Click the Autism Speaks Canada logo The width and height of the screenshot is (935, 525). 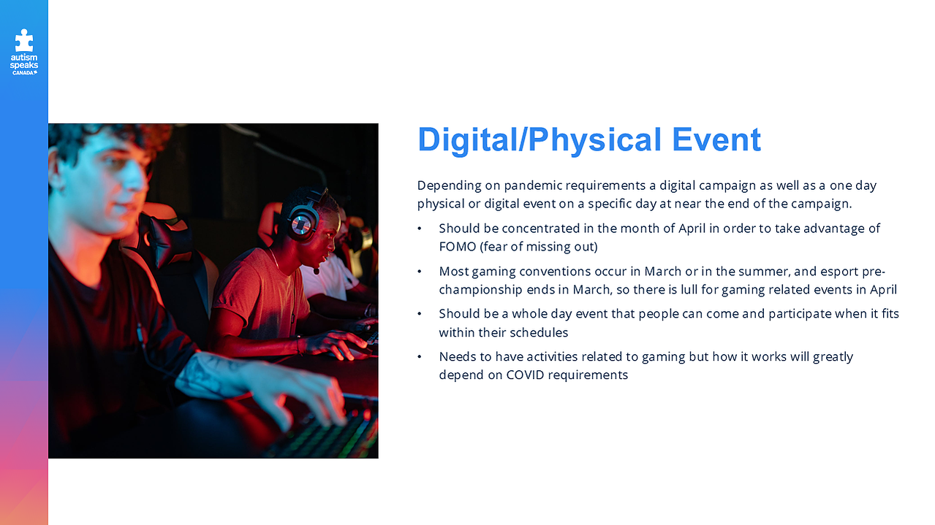(24, 52)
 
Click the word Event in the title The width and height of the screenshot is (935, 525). (716, 139)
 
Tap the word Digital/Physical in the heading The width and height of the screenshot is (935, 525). (540, 139)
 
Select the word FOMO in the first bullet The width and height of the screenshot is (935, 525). (457, 247)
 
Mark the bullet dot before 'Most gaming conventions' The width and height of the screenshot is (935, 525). (420, 272)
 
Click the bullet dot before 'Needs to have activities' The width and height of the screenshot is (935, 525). (420, 357)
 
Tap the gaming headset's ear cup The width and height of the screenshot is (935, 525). (301, 224)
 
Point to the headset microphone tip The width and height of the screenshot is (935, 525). (316, 272)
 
